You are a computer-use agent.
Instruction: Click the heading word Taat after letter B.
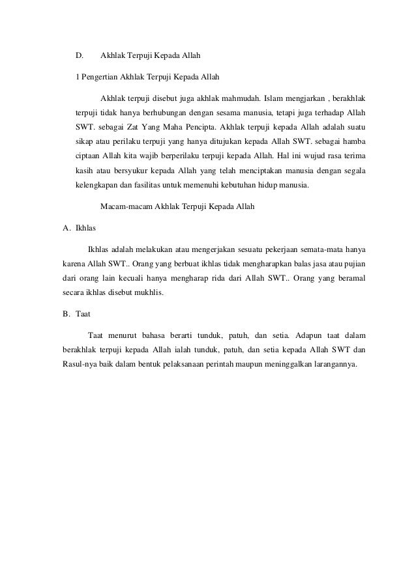tap(83, 314)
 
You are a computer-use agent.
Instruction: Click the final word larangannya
tap(332, 365)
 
